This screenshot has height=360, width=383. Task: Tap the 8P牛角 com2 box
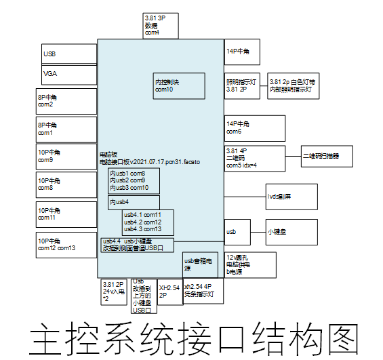pos(66,101)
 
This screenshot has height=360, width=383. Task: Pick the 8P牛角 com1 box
pos(66,129)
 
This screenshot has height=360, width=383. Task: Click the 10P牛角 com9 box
pos(66,157)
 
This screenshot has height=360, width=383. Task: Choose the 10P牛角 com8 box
pos(66,184)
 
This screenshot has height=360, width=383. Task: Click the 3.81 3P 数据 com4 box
pos(160,25)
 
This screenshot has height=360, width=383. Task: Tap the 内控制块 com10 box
pos(176,87)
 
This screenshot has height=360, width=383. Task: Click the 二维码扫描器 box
pos(328,157)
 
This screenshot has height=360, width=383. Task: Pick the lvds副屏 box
pos(291,196)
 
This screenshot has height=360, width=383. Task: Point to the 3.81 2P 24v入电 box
pos(114,292)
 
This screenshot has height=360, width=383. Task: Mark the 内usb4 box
pos(134,202)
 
